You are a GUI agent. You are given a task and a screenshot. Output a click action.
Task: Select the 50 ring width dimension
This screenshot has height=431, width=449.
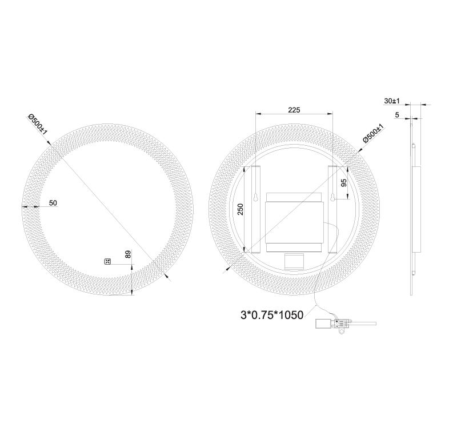[x=53, y=203]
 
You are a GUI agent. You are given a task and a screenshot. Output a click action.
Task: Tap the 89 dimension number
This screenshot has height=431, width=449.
[x=129, y=255]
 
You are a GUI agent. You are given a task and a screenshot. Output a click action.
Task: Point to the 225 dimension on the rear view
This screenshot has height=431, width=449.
[x=294, y=110]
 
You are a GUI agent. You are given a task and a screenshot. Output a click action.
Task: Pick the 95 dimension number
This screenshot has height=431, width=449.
[x=344, y=182]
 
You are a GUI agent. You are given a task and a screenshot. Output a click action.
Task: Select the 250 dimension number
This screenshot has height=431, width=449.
[x=241, y=210]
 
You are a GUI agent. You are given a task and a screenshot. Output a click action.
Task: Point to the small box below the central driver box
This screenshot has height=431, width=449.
[x=294, y=261]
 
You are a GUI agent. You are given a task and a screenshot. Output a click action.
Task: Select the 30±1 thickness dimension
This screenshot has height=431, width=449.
[x=391, y=101]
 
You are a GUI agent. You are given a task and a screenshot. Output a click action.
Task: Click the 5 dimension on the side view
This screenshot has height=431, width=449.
[x=396, y=115]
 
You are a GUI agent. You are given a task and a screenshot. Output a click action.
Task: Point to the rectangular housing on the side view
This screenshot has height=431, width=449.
[x=416, y=209]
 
